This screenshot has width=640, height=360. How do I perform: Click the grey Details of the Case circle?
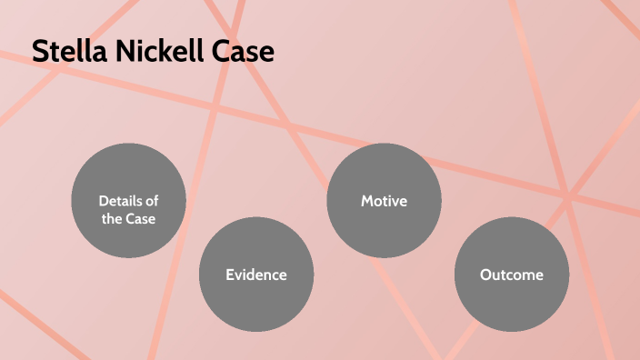pyautogui.click(x=128, y=201)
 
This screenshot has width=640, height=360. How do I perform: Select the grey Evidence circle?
pyautogui.click(x=256, y=274)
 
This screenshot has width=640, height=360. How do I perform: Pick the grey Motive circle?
pyautogui.click(x=384, y=201)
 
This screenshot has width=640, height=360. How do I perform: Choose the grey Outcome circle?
pyautogui.click(x=511, y=274)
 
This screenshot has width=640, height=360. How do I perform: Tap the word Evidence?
pyautogui.click(x=256, y=274)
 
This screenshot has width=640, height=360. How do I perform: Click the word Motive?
pyautogui.click(x=384, y=201)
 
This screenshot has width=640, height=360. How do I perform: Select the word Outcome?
pyautogui.click(x=511, y=274)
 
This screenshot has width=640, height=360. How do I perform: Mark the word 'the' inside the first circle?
pyautogui.click(x=113, y=219)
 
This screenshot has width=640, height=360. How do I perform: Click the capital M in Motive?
pyautogui.click(x=367, y=201)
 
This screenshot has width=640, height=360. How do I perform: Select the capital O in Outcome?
pyautogui.click(x=486, y=274)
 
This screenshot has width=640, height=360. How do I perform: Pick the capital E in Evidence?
pyautogui.click(x=230, y=274)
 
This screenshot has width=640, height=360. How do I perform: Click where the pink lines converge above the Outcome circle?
pyautogui.click(x=566, y=195)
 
